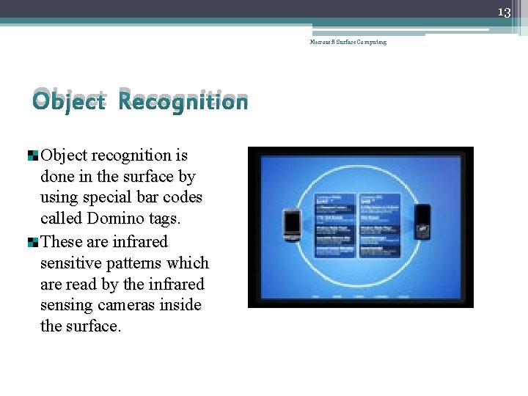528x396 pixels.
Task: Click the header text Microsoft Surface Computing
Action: (x=348, y=42)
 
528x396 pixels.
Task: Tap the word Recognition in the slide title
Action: (x=183, y=101)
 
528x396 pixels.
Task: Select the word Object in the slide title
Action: (x=70, y=101)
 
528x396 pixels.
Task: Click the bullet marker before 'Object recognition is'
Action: (x=33, y=155)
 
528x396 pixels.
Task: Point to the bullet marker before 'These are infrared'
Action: (x=33, y=242)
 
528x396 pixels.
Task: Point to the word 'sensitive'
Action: (x=71, y=263)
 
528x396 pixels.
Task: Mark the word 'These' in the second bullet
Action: (x=63, y=241)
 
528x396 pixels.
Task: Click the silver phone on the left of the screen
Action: (x=292, y=225)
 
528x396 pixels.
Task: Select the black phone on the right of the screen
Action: (x=422, y=221)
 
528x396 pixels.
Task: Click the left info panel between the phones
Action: (x=335, y=226)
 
